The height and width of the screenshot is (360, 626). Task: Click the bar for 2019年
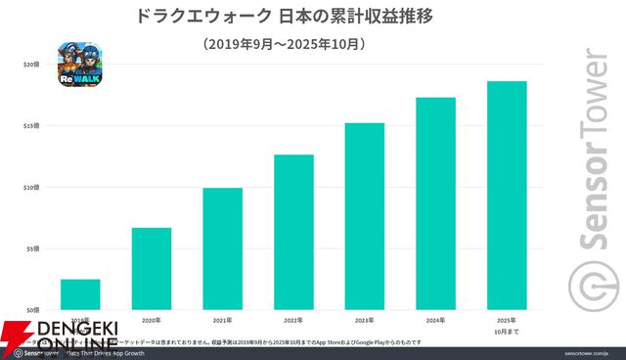[80, 293]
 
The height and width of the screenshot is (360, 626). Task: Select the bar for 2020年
[152, 268]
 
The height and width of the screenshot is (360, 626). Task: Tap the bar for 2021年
[222, 248]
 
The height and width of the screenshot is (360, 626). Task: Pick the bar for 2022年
[293, 232]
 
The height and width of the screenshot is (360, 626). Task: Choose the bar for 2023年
[364, 216]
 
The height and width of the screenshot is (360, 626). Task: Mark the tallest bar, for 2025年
[507, 195]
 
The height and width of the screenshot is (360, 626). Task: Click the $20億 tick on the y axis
[32, 64]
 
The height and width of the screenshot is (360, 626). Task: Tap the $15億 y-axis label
[32, 125]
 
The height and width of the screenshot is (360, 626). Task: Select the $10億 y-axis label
[32, 187]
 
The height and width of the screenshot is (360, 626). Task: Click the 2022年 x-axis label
[293, 320]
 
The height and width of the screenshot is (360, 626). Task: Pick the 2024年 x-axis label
[435, 320]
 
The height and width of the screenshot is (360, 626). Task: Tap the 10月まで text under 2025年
[507, 331]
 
